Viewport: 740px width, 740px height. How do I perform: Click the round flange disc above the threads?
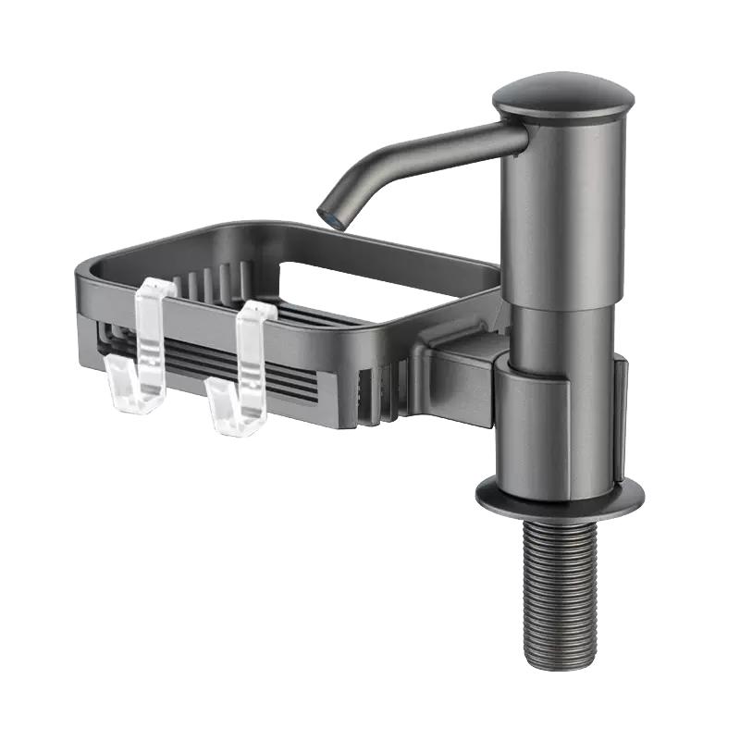click(x=560, y=497)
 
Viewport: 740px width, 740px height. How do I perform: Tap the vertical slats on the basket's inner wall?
click(x=213, y=277)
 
